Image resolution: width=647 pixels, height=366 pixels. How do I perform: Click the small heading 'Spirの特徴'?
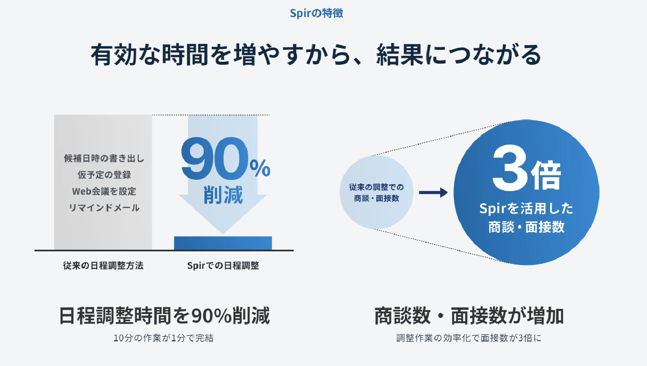coord(317,13)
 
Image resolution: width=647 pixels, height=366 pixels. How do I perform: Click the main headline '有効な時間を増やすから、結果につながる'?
coord(316,55)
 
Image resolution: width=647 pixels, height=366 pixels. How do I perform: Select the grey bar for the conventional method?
coord(103,182)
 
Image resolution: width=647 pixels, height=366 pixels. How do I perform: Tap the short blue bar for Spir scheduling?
coord(223,243)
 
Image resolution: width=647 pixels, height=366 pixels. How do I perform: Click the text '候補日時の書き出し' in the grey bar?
coord(104,158)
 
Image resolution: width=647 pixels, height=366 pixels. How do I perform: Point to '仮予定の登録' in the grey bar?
coord(104,175)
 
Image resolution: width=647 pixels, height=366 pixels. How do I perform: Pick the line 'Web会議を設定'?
coord(104,191)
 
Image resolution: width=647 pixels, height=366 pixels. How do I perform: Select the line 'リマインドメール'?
coord(104,207)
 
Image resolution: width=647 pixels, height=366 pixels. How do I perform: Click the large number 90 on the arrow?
coord(215,159)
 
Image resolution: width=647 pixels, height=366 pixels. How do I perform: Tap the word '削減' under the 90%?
coord(223,195)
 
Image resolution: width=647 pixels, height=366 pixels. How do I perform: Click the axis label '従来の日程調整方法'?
coord(103,265)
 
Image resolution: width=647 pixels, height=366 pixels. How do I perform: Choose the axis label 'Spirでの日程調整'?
coord(223,265)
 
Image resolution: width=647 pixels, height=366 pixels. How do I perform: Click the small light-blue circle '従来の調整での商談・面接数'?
coord(376,192)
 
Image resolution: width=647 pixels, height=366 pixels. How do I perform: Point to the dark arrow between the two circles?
coord(433,193)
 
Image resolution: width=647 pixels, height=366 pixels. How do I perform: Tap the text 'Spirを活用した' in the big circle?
coord(526,208)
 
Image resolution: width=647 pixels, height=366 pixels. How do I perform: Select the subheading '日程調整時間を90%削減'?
coord(165,315)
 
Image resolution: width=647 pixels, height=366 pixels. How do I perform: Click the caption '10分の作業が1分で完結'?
coord(164,338)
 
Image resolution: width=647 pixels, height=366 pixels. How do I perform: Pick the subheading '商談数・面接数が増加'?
coord(469,315)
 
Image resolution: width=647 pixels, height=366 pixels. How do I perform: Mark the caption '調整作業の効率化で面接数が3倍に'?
coord(469,338)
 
